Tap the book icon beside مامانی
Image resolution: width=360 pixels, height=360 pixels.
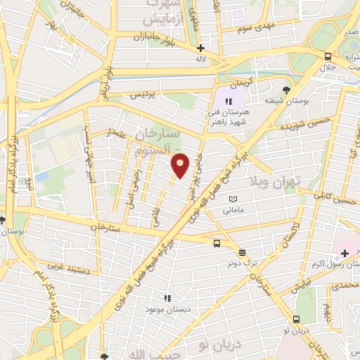(233, 200)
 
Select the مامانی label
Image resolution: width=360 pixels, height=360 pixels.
(233, 210)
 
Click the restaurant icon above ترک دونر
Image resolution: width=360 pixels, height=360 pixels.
(243, 252)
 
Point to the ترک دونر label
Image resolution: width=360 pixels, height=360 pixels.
(242, 262)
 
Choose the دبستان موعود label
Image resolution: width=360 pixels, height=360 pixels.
(165, 309)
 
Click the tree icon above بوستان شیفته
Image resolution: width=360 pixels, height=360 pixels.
(285, 89)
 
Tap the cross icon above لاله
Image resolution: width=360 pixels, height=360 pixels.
(201, 49)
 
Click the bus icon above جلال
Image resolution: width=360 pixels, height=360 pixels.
(328, 57)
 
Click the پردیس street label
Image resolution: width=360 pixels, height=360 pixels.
(141, 94)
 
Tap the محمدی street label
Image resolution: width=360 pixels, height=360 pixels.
(344, 285)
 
